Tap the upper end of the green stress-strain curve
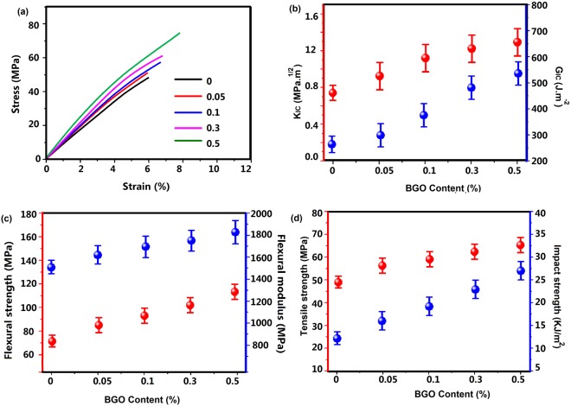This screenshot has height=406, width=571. click(179, 34)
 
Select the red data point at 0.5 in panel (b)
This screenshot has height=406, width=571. click(517, 42)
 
